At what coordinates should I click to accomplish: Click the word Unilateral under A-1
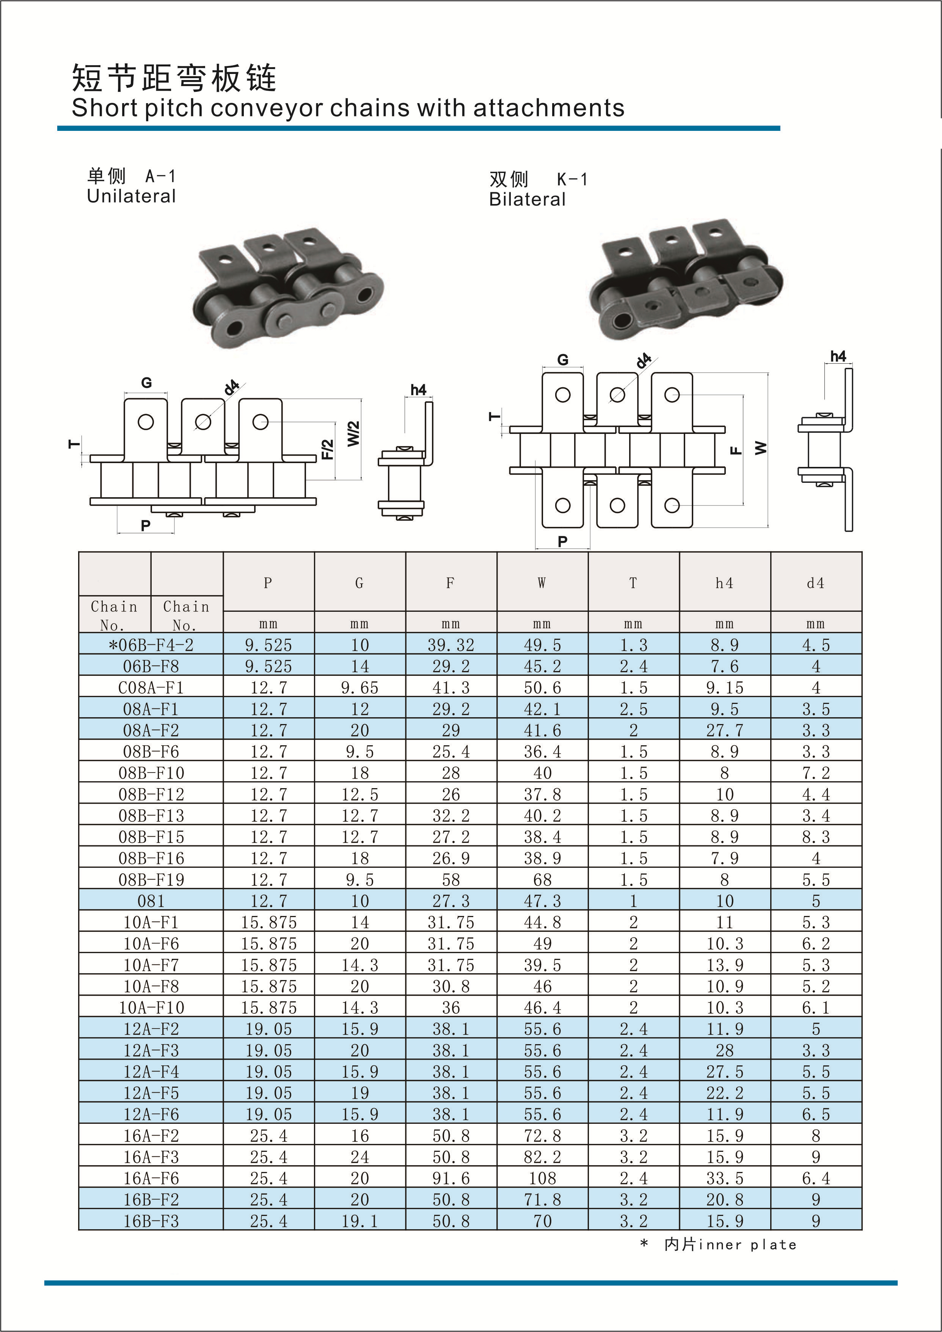coord(131,196)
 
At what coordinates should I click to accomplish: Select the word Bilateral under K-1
coord(527,199)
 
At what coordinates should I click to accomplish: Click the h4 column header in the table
coord(724,583)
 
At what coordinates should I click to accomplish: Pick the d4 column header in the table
coord(816,583)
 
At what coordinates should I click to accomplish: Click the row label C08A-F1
coord(151,688)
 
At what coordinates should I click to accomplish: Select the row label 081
coord(151,901)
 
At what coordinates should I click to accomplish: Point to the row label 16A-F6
coord(151,1178)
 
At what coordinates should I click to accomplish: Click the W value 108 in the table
coord(542,1178)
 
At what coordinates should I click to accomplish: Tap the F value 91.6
coord(451,1178)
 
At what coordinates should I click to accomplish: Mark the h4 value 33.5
coord(724,1178)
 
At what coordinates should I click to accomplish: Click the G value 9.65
coord(359,688)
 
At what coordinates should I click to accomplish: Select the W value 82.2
coord(542,1157)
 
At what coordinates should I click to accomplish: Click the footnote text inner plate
coord(748,1244)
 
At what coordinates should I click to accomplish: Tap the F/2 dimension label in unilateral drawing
coord(328,449)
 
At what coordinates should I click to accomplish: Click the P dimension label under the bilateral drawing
coord(562,541)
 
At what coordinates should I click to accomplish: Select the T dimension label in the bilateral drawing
coord(494,416)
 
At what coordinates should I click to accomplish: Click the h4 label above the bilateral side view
coord(838,356)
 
